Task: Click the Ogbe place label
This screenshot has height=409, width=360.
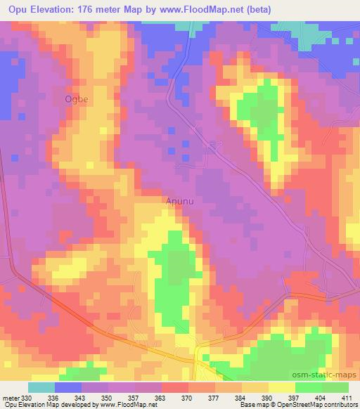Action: tap(77, 99)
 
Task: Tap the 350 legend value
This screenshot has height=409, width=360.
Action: tap(106, 397)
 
